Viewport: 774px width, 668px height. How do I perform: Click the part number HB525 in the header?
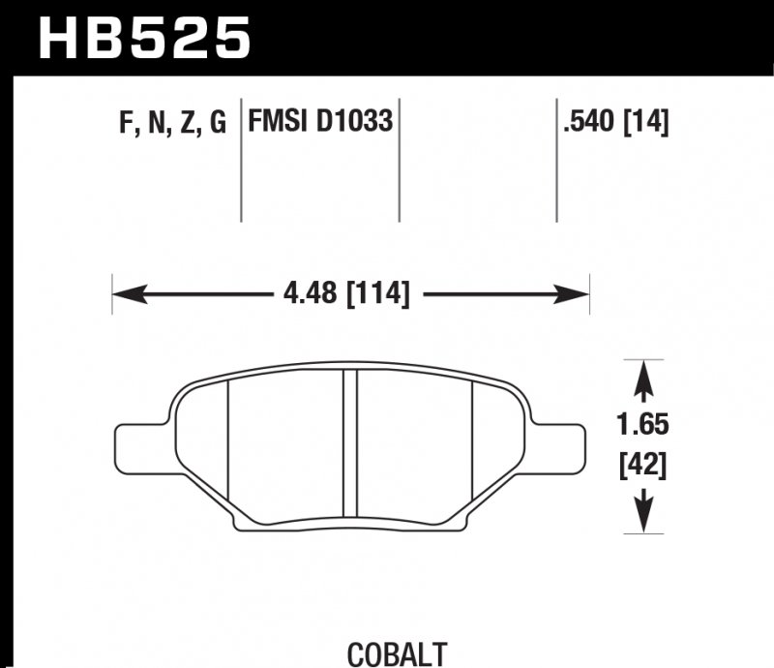click(x=143, y=39)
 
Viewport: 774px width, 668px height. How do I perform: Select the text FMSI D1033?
click(x=320, y=123)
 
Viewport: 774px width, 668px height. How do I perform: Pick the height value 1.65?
click(x=641, y=424)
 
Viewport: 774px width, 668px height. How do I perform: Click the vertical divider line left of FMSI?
click(x=240, y=160)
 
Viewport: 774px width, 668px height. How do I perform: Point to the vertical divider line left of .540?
click(x=557, y=160)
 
